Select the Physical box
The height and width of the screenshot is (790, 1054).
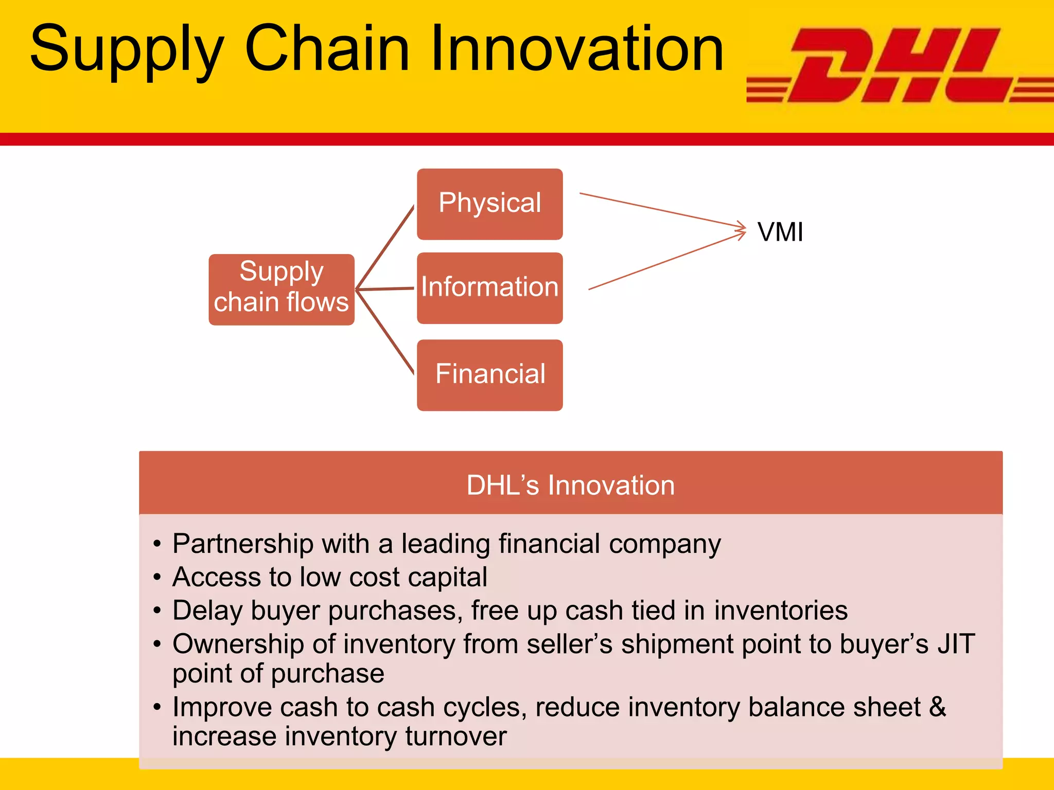(x=489, y=204)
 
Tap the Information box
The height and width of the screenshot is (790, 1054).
(x=489, y=288)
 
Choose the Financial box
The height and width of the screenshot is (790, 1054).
(x=489, y=374)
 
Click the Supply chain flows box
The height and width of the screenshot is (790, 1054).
(x=281, y=289)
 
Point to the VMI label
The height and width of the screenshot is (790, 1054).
(x=780, y=232)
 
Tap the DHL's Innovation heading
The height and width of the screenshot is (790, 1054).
(x=570, y=485)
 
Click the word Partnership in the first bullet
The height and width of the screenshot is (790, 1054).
(x=243, y=544)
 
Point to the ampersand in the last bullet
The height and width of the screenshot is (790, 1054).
(x=938, y=707)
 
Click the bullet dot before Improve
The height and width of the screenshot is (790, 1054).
(x=157, y=707)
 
